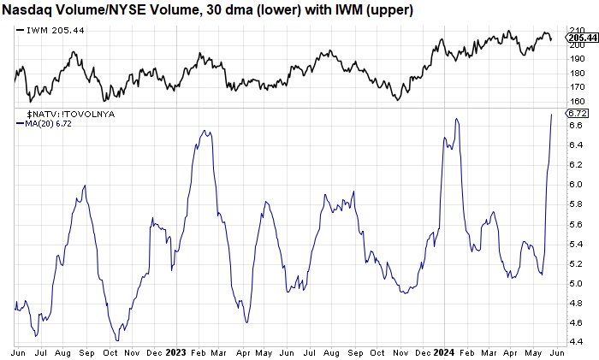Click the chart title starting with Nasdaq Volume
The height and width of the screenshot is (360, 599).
pos(207,10)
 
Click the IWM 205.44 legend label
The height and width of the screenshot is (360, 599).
pos(50,30)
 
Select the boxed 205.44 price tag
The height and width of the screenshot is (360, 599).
pos(582,38)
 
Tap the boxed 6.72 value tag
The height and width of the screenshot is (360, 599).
pos(578,113)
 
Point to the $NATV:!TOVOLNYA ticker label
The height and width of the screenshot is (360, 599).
pos(71,114)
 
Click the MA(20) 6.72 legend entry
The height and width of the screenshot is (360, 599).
pos(44,124)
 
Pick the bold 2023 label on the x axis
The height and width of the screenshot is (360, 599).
pos(175,353)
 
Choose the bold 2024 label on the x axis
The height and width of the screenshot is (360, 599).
pos(445,353)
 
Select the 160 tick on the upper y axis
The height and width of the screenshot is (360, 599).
pos(578,101)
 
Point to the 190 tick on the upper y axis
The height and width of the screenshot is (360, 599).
pos(578,58)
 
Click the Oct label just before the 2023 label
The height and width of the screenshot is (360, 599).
pos(110,353)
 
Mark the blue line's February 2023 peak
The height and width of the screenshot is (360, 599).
pos(205,131)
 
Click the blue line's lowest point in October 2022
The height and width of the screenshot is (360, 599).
pos(117,340)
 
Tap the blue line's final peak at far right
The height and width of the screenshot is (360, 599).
pos(551,114)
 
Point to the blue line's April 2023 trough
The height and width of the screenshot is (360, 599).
pos(247,322)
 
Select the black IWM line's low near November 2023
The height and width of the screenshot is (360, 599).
pos(398,100)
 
